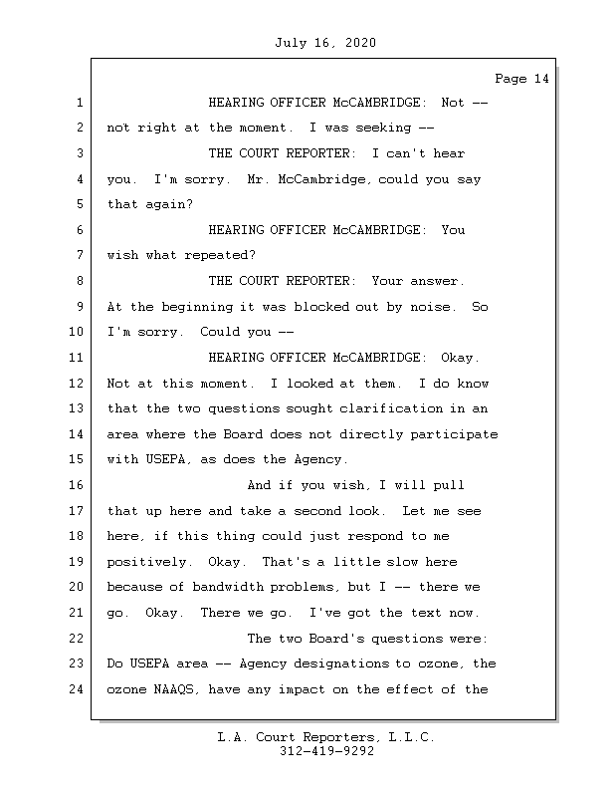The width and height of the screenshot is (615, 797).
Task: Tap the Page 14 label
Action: pyautogui.click(x=521, y=78)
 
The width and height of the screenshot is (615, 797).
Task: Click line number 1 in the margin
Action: pyautogui.click(x=77, y=103)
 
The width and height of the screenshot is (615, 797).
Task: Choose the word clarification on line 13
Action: pyautogui.click(x=398, y=408)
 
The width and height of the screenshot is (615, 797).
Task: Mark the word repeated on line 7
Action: pyautogui.click(x=212, y=256)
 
